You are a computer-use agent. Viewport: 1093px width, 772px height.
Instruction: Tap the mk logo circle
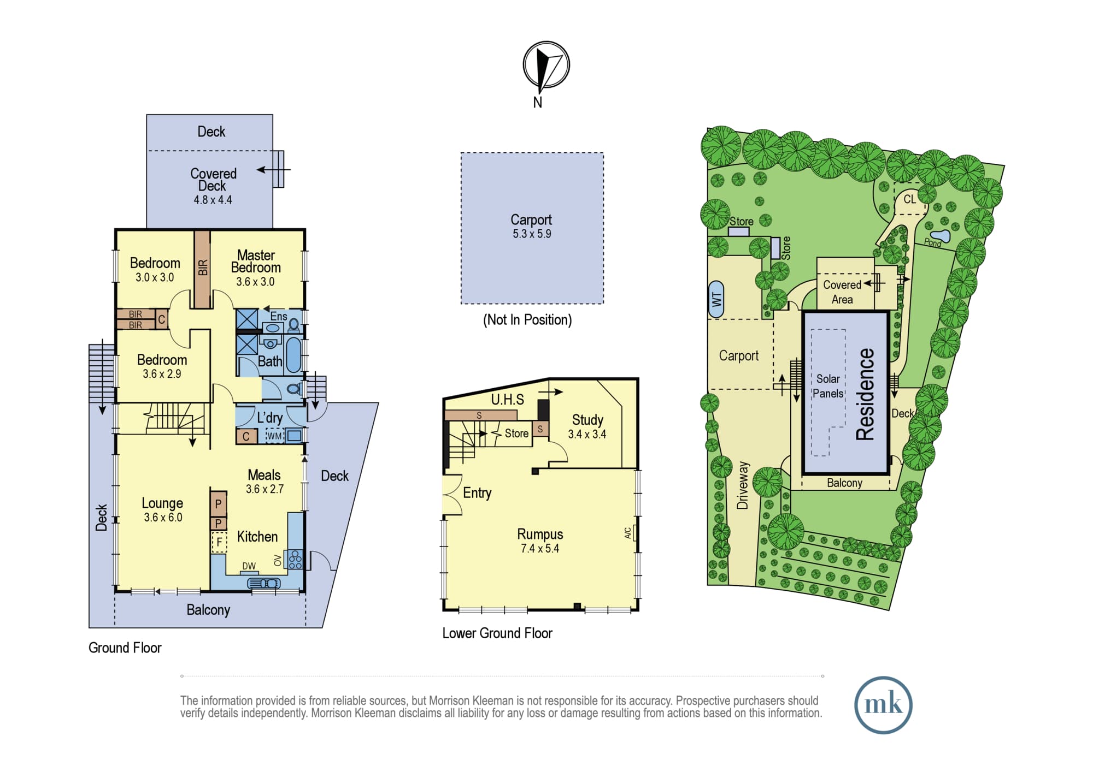[883, 705]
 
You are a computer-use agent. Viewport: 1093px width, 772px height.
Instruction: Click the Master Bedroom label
[256, 262]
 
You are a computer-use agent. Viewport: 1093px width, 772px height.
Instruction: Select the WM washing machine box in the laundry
[274, 436]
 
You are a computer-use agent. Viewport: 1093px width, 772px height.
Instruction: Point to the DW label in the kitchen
[249, 566]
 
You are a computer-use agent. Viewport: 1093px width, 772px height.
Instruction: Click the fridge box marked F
[219, 542]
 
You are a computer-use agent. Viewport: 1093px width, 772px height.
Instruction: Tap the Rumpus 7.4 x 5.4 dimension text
[540, 549]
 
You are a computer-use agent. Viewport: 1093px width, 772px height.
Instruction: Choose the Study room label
[587, 420]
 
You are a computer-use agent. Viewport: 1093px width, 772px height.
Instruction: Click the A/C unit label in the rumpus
[628, 533]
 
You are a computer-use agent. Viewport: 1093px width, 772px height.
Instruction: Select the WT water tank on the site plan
[716, 299]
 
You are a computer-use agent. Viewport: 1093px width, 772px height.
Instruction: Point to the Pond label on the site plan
[933, 242]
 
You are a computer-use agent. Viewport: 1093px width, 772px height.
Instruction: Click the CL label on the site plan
[909, 199]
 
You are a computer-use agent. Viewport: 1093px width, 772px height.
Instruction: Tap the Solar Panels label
[828, 386]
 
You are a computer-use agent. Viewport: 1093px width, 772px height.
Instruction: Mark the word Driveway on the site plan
[742, 485]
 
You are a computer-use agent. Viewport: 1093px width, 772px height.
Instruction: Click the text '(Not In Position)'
[527, 320]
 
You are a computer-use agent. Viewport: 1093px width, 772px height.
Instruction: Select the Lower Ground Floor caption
[497, 633]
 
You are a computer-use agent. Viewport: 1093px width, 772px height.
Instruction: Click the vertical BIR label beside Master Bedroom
[203, 268]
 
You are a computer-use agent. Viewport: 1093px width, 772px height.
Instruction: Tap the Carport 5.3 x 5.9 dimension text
[532, 234]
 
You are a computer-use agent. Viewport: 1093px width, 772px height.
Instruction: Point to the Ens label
[279, 316]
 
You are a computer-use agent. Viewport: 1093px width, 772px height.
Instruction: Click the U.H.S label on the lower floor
[508, 400]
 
